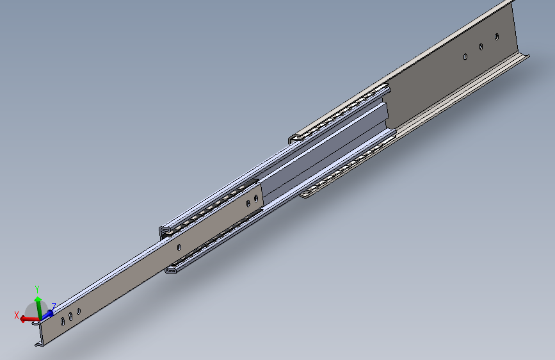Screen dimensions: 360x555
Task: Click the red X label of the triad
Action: tap(17, 315)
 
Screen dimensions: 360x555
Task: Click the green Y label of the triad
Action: tap(38, 289)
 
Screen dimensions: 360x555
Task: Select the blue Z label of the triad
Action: tap(54, 306)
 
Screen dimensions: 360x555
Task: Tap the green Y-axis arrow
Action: tap(38, 305)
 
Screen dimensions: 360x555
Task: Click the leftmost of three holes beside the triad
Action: tap(61, 321)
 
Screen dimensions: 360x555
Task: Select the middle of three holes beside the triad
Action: tap(70, 316)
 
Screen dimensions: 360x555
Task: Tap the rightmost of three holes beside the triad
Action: tap(78, 311)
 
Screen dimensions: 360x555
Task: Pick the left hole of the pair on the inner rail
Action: tap(248, 204)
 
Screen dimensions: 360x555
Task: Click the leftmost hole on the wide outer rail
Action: tap(465, 56)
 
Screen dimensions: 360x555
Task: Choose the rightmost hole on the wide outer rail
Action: tap(497, 37)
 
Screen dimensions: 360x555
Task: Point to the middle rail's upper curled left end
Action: tap(163, 230)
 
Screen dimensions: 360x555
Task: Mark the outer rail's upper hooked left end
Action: tap(293, 137)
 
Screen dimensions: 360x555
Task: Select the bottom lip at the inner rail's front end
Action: tap(40, 345)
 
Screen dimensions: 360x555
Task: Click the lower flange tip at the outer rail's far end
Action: tap(529, 58)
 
